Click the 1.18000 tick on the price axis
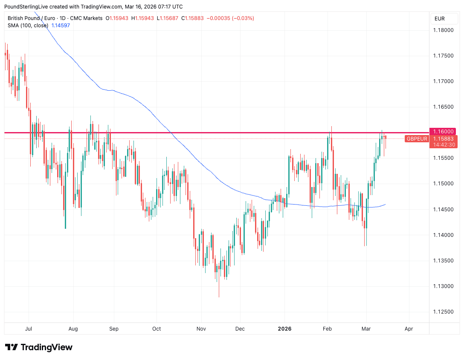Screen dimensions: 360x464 click(x=444, y=30)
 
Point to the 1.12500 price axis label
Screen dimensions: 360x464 click(x=444, y=312)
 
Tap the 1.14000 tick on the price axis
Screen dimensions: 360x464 click(x=444, y=235)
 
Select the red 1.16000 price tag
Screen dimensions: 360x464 click(x=444, y=132)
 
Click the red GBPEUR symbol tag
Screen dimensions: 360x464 click(x=417, y=139)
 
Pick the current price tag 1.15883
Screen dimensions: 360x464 click(x=444, y=139)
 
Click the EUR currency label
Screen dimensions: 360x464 click(x=439, y=18)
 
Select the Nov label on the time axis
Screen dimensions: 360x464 click(x=201, y=329)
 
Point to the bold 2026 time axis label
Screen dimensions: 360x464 click(x=285, y=329)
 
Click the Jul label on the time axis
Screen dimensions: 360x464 click(x=29, y=329)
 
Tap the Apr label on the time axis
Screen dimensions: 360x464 click(x=409, y=329)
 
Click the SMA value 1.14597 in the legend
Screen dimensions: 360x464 click(x=61, y=26)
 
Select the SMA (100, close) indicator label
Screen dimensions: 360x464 click(x=28, y=26)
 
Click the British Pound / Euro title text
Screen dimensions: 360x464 click(x=34, y=18)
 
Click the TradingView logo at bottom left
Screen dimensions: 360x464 click(x=39, y=347)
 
